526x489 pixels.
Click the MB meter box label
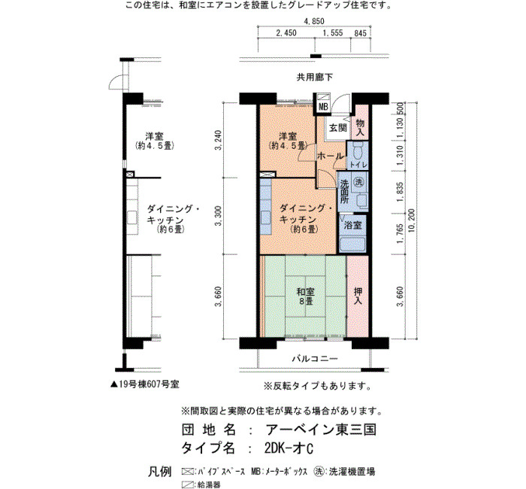point(323,108)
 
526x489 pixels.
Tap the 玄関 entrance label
point(338,128)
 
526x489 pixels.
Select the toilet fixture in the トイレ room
point(358,150)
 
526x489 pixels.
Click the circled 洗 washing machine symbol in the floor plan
point(359,182)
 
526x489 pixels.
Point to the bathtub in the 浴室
point(352,244)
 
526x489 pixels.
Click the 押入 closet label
point(358,296)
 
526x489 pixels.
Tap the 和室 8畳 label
point(306,296)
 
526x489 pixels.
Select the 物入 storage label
point(360,127)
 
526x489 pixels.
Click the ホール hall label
point(331,156)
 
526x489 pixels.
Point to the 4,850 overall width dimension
point(314,21)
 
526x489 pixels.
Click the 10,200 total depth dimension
point(412,220)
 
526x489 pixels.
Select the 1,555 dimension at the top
point(333,33)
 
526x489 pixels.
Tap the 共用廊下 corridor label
point(315,77)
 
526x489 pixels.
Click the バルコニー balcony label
point(314,359)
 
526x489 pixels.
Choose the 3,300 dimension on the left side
point(218,216)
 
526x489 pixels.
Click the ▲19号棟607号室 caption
point(144,384)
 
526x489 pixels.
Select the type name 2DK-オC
point(289,448)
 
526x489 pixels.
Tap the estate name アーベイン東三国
point(321,430)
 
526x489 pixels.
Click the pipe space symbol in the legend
point(188,471)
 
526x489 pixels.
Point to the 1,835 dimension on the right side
point(400,192)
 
